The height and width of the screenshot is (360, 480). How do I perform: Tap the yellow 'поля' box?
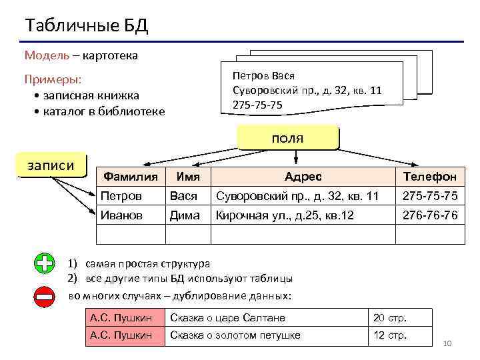click(287, 139)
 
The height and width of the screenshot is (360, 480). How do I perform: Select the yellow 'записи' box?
click(51, 165)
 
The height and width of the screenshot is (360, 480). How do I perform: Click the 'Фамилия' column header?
click(131, 177)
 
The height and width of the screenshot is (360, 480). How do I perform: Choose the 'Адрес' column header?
click(303, 177)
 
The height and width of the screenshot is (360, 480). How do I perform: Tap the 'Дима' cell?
click(185, 215)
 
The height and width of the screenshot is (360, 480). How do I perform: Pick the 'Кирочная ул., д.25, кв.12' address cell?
click(284, 215)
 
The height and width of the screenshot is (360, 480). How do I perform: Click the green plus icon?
click(45, 263)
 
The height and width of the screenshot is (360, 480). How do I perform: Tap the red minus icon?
click(45, 297)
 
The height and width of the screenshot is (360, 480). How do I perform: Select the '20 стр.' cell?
click(390, 318)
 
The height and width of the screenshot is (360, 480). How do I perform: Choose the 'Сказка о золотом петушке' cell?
click(235, 335)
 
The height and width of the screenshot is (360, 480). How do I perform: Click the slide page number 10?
click(447, 343)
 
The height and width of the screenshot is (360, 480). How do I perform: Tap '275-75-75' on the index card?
click(257, 105)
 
